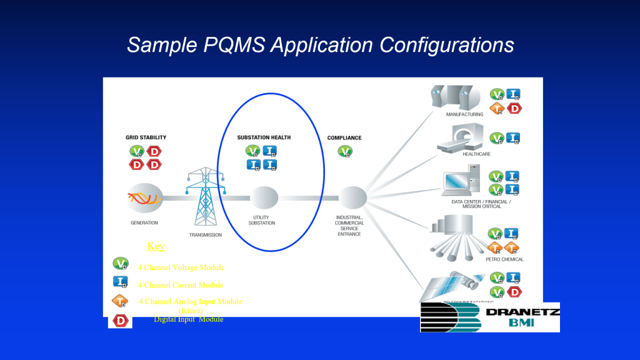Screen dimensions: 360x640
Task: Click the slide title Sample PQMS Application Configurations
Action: pyautogui.click(x=320, y=45)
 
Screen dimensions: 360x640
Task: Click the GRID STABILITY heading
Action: pyautogui.click(x=146, y=137)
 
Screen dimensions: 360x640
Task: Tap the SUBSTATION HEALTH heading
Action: pyautogui.click(x=264, y=137)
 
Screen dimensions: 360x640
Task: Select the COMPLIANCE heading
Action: pyautogui.click(x=344, y=138)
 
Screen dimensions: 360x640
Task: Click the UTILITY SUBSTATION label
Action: pyautogui.click(x=262, y=220)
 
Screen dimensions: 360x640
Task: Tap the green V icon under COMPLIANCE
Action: pyautogui.click(x=344, y=151)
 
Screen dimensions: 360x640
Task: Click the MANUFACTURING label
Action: pyautogui.click(x=464, y=114)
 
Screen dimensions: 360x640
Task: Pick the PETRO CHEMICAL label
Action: pyautogui.click(x=504, y=259)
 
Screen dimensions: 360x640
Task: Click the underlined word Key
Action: pyautogui.click(x=156, y=246)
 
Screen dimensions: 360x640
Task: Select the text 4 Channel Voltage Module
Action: pyautogui.click(x=181, y=267)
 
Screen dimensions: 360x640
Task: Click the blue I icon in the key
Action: pyautogui.click(x=120, y=282)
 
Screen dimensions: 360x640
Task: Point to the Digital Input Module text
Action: pyautogui.click(x=188, y=319)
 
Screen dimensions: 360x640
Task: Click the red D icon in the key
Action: pyautogui.click(x=120, y=321)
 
